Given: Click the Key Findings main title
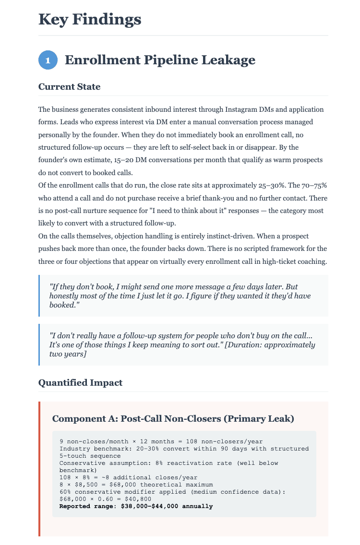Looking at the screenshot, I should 90,19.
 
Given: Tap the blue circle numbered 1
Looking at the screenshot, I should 48,60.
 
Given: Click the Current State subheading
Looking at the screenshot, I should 69,87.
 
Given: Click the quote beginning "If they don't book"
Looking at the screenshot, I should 173,296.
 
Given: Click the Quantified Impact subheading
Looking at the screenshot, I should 80,382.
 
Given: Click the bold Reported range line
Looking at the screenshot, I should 136,506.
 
